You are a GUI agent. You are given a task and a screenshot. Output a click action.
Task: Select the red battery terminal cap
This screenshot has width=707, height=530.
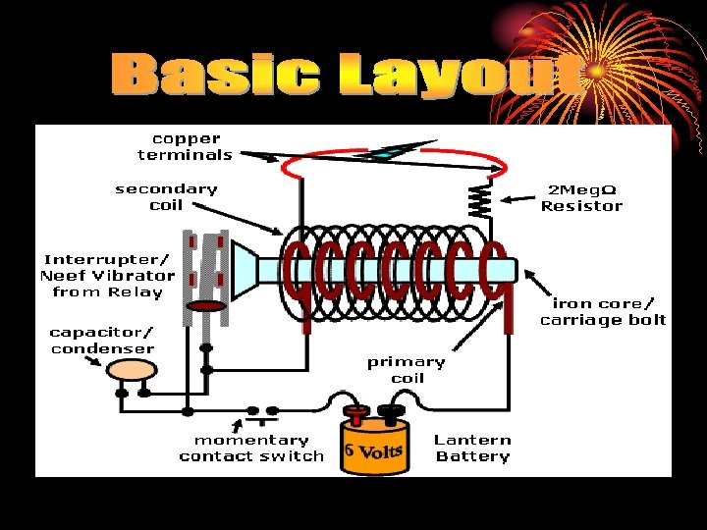coord(356,412)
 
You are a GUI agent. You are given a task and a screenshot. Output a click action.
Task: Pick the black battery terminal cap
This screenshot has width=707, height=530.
coord(391,411)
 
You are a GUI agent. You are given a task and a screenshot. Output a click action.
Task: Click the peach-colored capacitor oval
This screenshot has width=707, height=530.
coord(132,370)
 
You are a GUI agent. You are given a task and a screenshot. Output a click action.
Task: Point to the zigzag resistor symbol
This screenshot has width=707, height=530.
coord(480,199)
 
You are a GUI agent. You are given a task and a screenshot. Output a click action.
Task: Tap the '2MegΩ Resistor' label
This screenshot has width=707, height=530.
coord(581,198)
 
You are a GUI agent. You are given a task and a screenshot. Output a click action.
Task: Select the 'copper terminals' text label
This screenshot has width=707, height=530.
coord(186,147)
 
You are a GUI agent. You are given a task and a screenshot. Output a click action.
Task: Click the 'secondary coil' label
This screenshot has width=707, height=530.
coord(166,197)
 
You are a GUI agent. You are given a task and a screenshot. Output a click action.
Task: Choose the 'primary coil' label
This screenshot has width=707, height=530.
coord(407,370)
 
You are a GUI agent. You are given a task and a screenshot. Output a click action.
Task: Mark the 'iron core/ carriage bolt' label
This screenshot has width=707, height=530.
coord(603,312)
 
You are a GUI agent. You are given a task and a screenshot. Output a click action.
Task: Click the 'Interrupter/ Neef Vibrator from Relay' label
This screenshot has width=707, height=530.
coord(107,276)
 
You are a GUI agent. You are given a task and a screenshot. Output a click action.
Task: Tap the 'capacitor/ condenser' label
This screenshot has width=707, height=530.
coord(102,341)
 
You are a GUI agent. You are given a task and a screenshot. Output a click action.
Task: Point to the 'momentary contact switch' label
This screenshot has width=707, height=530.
coord(251,449)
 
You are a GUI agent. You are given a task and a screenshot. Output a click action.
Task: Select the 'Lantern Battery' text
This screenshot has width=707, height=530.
coord(473,448)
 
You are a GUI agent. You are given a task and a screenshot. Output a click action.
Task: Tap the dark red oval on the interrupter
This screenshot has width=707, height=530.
coord(206,306)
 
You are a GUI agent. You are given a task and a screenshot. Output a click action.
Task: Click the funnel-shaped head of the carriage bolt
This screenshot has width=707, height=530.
coord(245,271)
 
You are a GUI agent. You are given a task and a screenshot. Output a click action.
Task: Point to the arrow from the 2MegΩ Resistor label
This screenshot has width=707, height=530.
coord(517,198)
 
